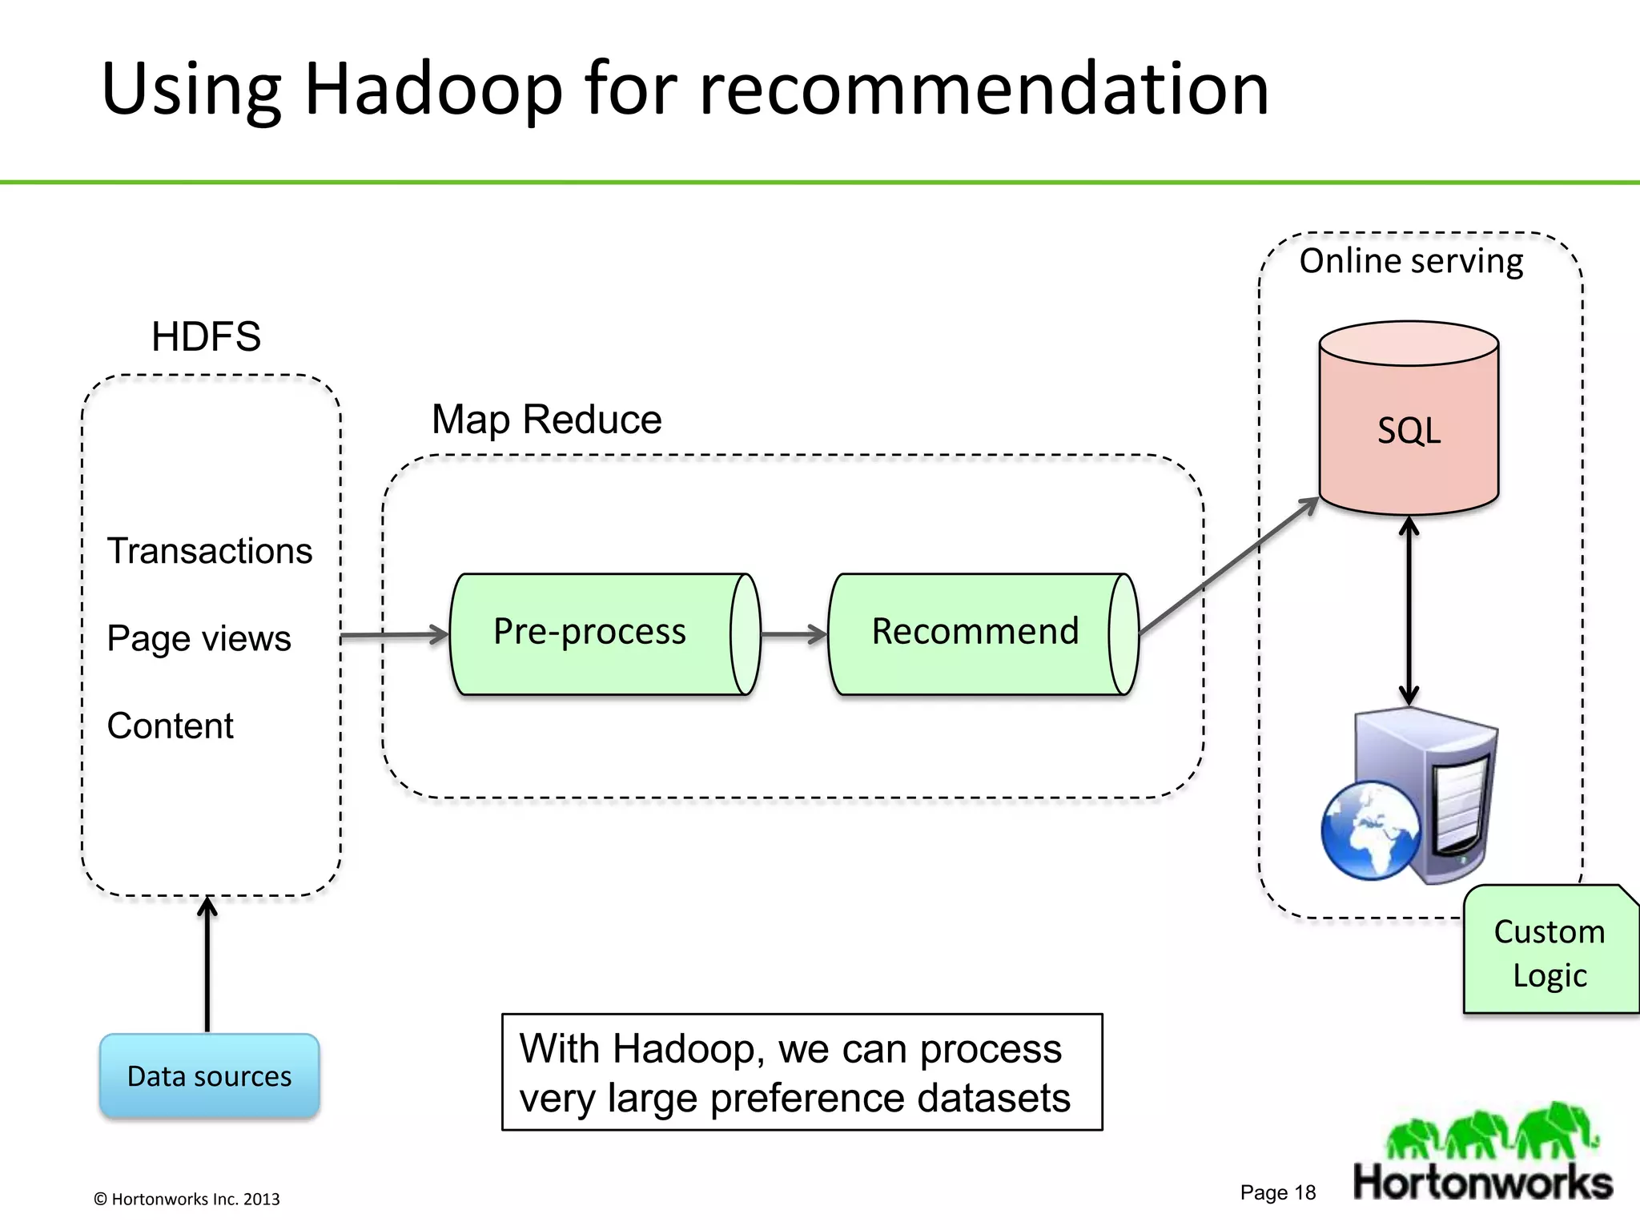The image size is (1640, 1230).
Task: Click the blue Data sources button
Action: pos(210,1075)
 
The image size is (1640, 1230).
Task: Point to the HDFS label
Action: pos(206,336)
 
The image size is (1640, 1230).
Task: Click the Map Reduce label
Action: pos(546,419)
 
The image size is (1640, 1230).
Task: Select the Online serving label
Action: pos(1411,261)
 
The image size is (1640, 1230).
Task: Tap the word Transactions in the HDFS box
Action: pos(210,551)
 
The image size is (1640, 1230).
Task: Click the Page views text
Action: pos(199,638)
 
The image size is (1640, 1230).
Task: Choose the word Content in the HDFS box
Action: pos(171,726)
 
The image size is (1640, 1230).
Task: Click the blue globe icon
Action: pos(1369,830)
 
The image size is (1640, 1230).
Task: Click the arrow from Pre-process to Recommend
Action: pos(794,634)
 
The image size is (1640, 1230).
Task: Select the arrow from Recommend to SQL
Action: pos(1229,565)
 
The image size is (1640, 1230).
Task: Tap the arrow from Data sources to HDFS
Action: pos(207,965)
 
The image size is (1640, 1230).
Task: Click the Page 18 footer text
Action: pos(1277,1192)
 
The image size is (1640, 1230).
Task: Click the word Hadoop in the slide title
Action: pos(433,89)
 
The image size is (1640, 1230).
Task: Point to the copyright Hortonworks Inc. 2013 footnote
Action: pos(187,1199)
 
